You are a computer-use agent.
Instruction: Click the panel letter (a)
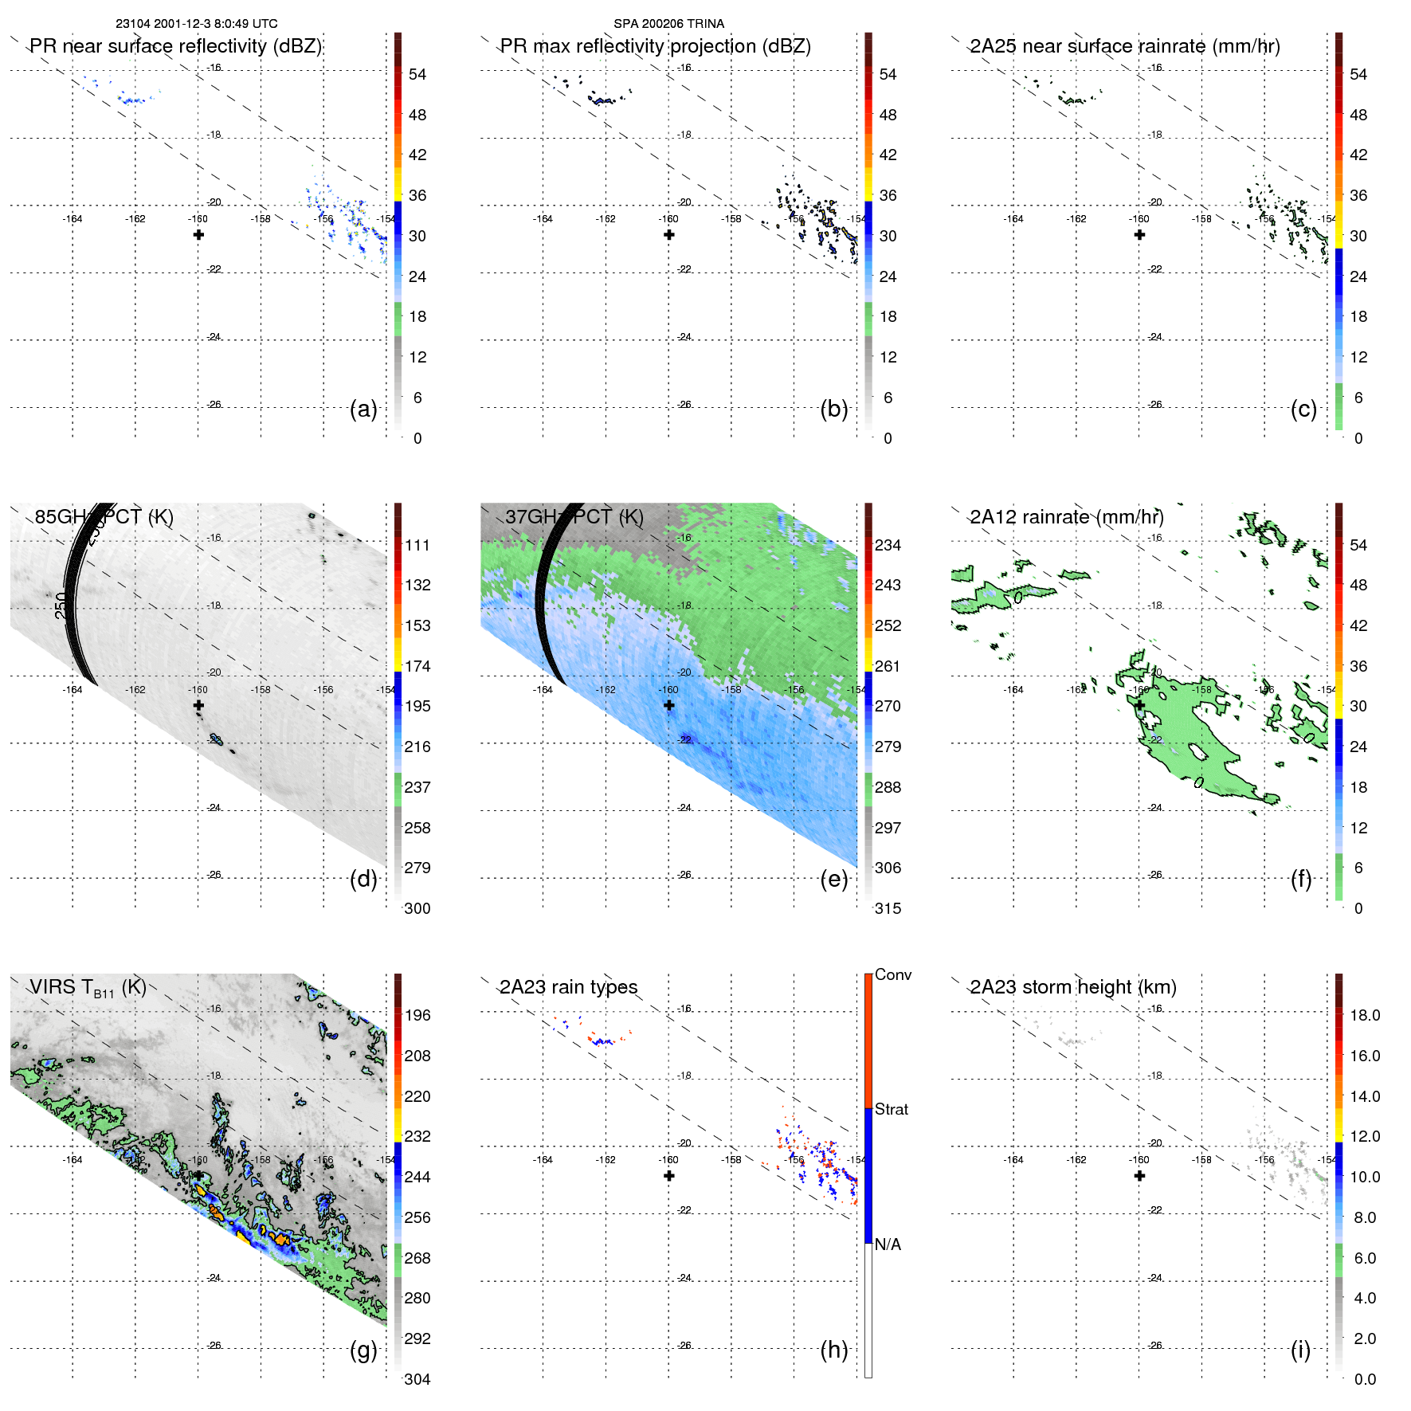click(363, 409)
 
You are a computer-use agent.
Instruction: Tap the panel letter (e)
click(834, 879)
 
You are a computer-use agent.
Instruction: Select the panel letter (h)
click(834, 1350)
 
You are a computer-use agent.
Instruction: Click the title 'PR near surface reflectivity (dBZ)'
click(175, 46)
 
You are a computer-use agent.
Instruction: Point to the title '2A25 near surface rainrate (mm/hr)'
click(1125, 46)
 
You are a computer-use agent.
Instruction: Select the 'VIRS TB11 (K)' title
click(88, 988)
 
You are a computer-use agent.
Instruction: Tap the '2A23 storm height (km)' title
click(1073, 987)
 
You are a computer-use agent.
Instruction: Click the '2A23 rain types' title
click(568, 987)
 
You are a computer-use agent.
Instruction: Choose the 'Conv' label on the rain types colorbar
click(892, 974)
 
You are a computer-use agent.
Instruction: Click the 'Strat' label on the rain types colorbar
click(891, 1109)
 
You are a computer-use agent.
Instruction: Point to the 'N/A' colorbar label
click(888, 1244)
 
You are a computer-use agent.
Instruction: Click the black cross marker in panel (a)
click(198, 234)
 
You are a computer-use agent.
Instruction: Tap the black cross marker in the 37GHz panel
click(669, 705)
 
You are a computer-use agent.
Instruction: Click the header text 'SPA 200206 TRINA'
click(668, 24)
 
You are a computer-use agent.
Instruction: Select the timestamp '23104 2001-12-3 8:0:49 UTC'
click(197, 24)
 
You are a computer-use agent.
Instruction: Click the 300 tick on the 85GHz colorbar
click(417, 908)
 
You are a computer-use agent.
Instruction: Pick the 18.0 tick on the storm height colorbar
click(1365, 1015)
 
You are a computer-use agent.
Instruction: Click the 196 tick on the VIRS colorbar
click(417, 1015)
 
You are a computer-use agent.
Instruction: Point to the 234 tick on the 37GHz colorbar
click(888, 545)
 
